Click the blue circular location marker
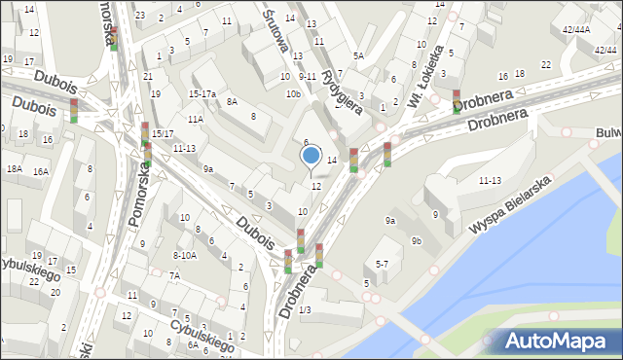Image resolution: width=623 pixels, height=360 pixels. pyautogui.click(x=311, y=155)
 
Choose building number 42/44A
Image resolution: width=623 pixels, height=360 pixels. pyautogui.click(x=576, y=29)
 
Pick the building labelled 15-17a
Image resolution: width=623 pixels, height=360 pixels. pyautogui.click(x=202, y=93)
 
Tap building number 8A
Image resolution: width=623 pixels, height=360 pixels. pyautogui.click(x=232, y=101)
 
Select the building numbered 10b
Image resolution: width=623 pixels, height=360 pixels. pyautogui.click(x=293, y=93)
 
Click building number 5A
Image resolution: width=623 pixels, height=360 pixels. pyautogui.click(x=358, y=55)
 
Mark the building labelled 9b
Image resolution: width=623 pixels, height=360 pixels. pyautogui.click(x=417, y=240)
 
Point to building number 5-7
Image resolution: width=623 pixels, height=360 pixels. pyautogui.click(x=382, y=264)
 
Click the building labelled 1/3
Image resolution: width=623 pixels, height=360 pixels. pyautogui.click(x=305, y=309)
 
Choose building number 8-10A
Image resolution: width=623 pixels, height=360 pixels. pyautogui.click(x=185, y=255)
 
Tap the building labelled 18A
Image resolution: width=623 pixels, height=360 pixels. pyautogui.click(x=14, y=169)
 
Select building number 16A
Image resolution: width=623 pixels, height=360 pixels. pyautogui.click(x=40, y=171)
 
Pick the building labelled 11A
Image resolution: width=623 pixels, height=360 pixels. pyautogui.click(x=196, y=119)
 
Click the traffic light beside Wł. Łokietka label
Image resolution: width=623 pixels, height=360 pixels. pyautogui.click(x=457, y=100)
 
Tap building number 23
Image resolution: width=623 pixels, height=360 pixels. pyautogui.click(x=140, y=15)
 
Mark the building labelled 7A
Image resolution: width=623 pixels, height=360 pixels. pyautogui.click(x=174, y=275)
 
